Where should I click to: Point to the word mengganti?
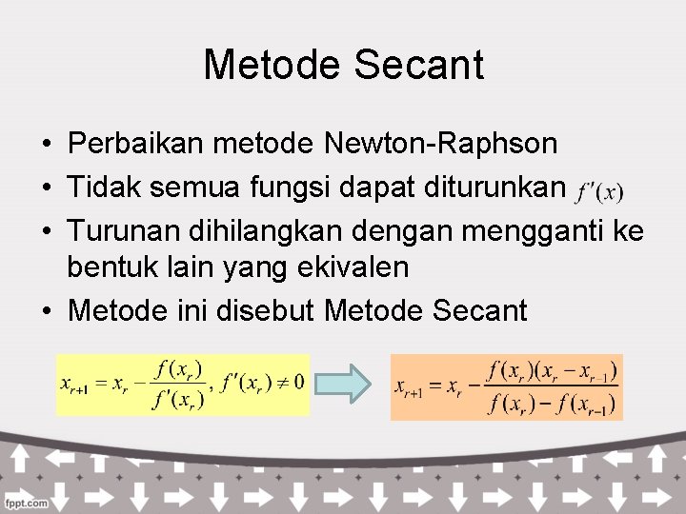[x=525, y=227]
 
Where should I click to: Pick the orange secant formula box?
[x=506, y=385]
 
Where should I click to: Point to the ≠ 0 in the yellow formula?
[x=284, y=383]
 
